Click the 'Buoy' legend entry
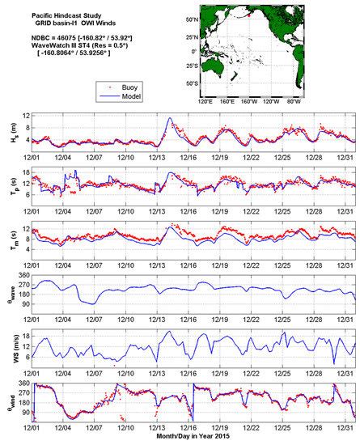(x=72, y=83)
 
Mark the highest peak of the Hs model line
(x=169, y=119)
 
